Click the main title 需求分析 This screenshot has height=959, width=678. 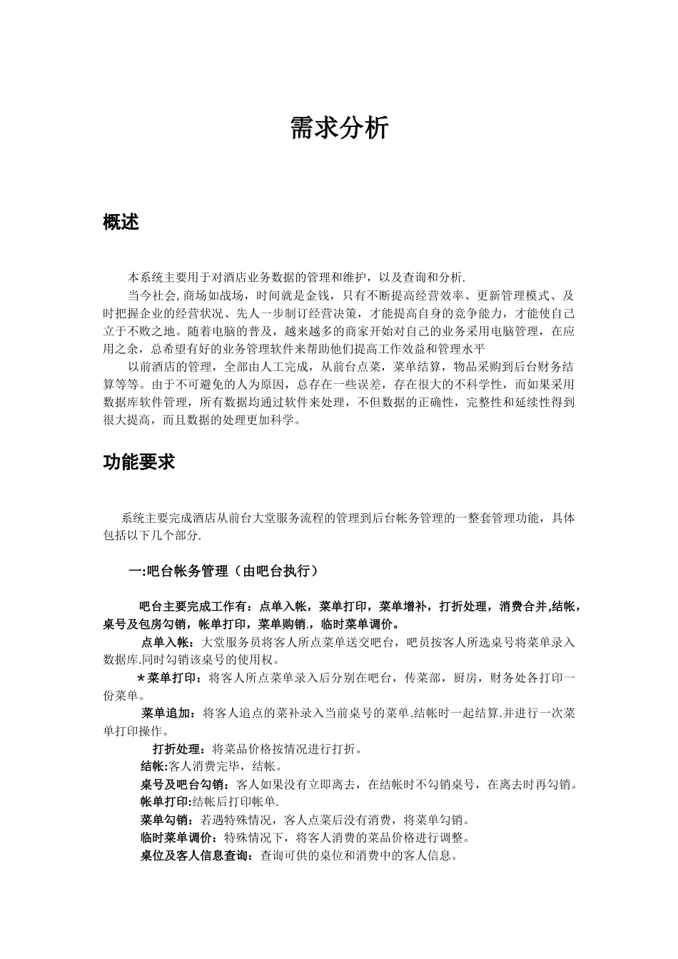click(x=339, y=128)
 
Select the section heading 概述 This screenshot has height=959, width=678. click(x=121, y=223)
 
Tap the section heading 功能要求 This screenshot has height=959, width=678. click(x=139, y=462)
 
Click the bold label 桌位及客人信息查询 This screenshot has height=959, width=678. click(x=193, y=856)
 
